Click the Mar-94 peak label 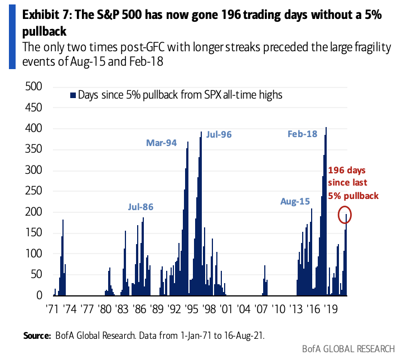coord(161,143)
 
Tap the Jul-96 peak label coord(219,135)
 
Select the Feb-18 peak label coord(302,134)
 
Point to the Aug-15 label coord(295,201)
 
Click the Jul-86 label coord(140,207)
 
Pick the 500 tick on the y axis coord(34,87)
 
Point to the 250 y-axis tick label coord(34,191)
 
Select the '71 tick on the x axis coord(52,308)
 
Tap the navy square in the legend coord(72,95)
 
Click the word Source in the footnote coord(37,336)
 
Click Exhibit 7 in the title coord(45,15)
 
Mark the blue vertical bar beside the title coord(11,35)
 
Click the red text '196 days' coord(347,171)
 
